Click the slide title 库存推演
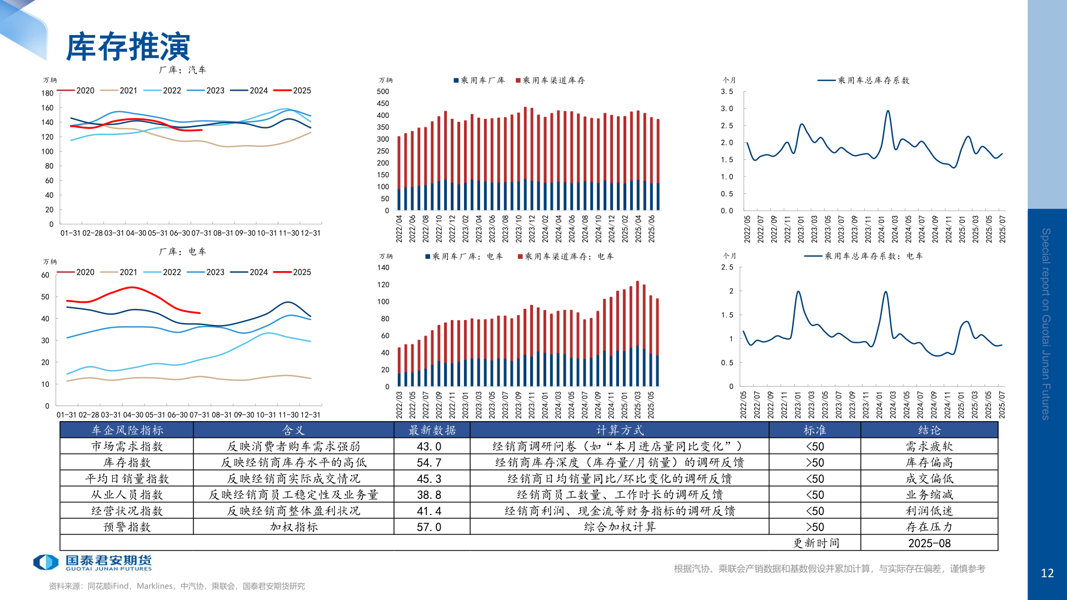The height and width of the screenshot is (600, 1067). [x=128, y=47]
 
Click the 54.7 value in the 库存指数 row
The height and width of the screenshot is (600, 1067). [x=429, y=463]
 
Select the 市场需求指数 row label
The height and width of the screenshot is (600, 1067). [x=127, y=447]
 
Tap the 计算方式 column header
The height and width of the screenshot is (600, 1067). [x=620, y=431]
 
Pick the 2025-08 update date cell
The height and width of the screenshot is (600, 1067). [x=929, y=543]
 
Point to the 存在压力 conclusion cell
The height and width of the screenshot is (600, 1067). [x=929, y=527]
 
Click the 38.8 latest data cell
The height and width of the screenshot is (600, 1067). [x=429, y=495]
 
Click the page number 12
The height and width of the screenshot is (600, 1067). [x=1047, y=573]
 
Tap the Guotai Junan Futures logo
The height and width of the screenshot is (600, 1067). [x=92, y=562]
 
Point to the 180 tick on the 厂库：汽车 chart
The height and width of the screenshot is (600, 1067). [x=47, y=93]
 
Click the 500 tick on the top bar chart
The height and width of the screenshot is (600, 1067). [x=383, y=92]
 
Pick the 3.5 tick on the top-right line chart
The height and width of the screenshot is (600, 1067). [x=727, y=92]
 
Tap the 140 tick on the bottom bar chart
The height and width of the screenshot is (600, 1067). [x=383, y=268]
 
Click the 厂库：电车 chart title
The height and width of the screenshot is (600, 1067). [x=182, y=252]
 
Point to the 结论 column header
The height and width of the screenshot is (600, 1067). [x=929, y=431]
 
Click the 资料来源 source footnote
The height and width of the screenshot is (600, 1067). [x=177, y=586]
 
